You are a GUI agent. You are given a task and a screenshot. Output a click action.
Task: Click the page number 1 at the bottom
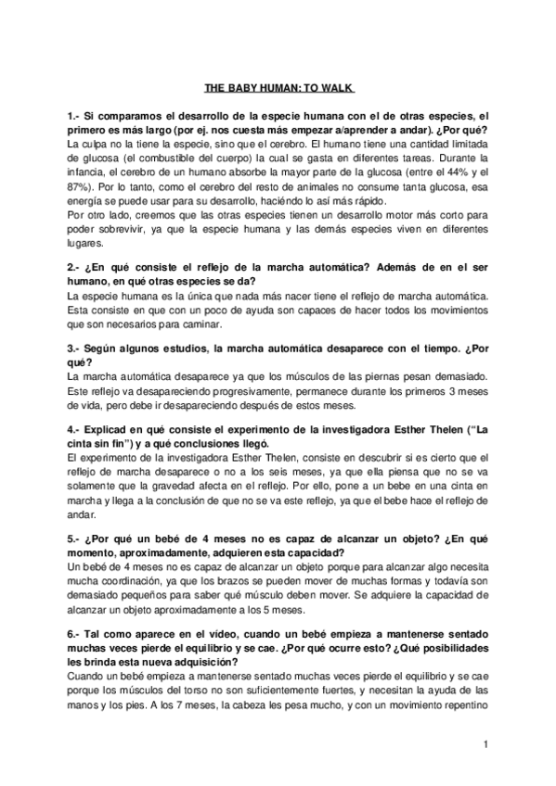tap(485, 744)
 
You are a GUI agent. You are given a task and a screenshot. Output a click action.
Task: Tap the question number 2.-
tap(76, 266)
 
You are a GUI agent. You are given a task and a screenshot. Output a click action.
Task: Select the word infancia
tap(87, 173)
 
